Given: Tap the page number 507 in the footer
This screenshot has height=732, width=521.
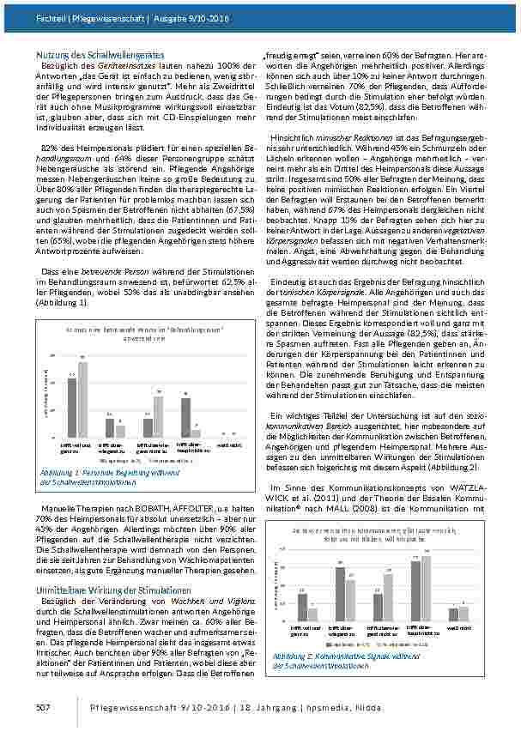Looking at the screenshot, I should [x=45, y=706].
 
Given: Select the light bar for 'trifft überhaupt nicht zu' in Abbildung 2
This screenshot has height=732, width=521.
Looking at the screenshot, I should [x=427, y=588].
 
